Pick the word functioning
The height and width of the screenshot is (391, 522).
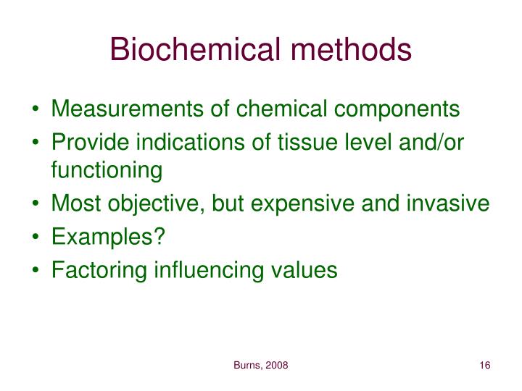click(x=107, y=172)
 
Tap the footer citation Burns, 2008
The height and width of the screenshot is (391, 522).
click(x=261, y=366)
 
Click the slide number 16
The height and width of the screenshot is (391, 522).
click(x=485, y=366)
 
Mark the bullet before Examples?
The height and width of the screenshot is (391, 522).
click(x=37, y=237)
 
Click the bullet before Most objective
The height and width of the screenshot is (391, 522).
click(x=37, y=205)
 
